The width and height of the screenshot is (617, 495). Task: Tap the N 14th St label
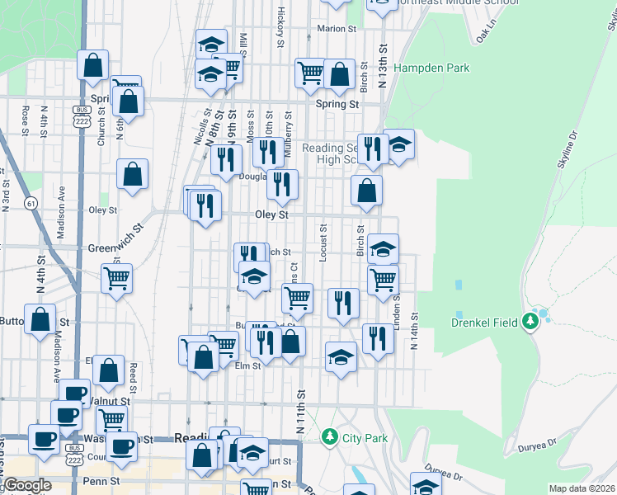pos(415,329)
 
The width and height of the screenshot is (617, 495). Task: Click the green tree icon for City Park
pos(330,435)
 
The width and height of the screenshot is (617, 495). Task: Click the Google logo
pos(26,486)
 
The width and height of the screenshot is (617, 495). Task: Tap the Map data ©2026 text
pos(582,488)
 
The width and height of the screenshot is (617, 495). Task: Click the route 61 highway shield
pos(31,203)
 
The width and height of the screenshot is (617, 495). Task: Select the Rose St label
pos(26,120)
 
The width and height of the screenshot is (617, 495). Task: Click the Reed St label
pos(133,371)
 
